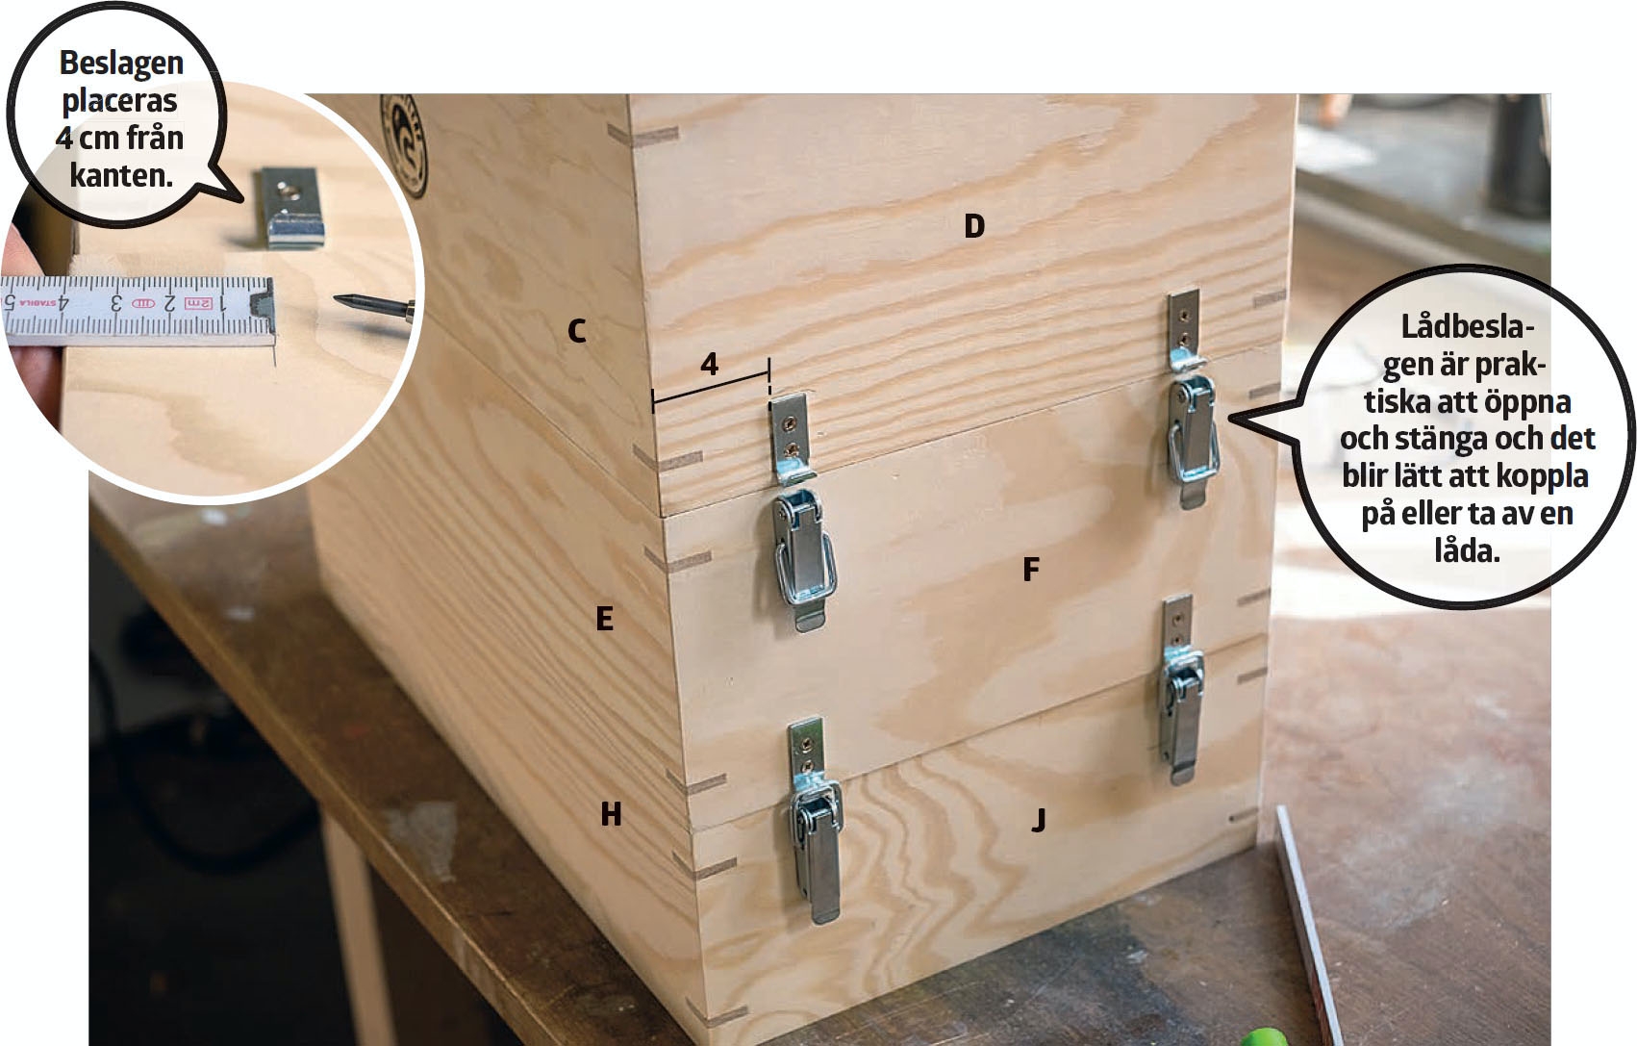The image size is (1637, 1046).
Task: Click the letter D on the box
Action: [974, 226]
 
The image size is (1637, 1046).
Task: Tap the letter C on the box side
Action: [576, 331]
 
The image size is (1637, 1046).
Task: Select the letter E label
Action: [604, 619]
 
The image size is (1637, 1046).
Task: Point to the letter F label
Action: [1031, 570]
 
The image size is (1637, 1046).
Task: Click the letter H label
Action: [611, 813]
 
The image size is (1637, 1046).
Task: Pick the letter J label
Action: [1039, 821]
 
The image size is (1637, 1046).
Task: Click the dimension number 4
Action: [709, 364]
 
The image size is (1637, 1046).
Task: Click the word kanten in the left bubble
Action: [121, 175]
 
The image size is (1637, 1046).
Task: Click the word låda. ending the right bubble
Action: [1467, 551]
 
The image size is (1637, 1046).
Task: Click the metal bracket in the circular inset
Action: [290, 208]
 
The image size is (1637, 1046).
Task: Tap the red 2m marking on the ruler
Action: [199, 302]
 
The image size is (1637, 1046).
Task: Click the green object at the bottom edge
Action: [1264, 1036]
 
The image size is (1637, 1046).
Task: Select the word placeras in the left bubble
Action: [120, 102]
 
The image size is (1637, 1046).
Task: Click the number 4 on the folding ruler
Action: [63, 301]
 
